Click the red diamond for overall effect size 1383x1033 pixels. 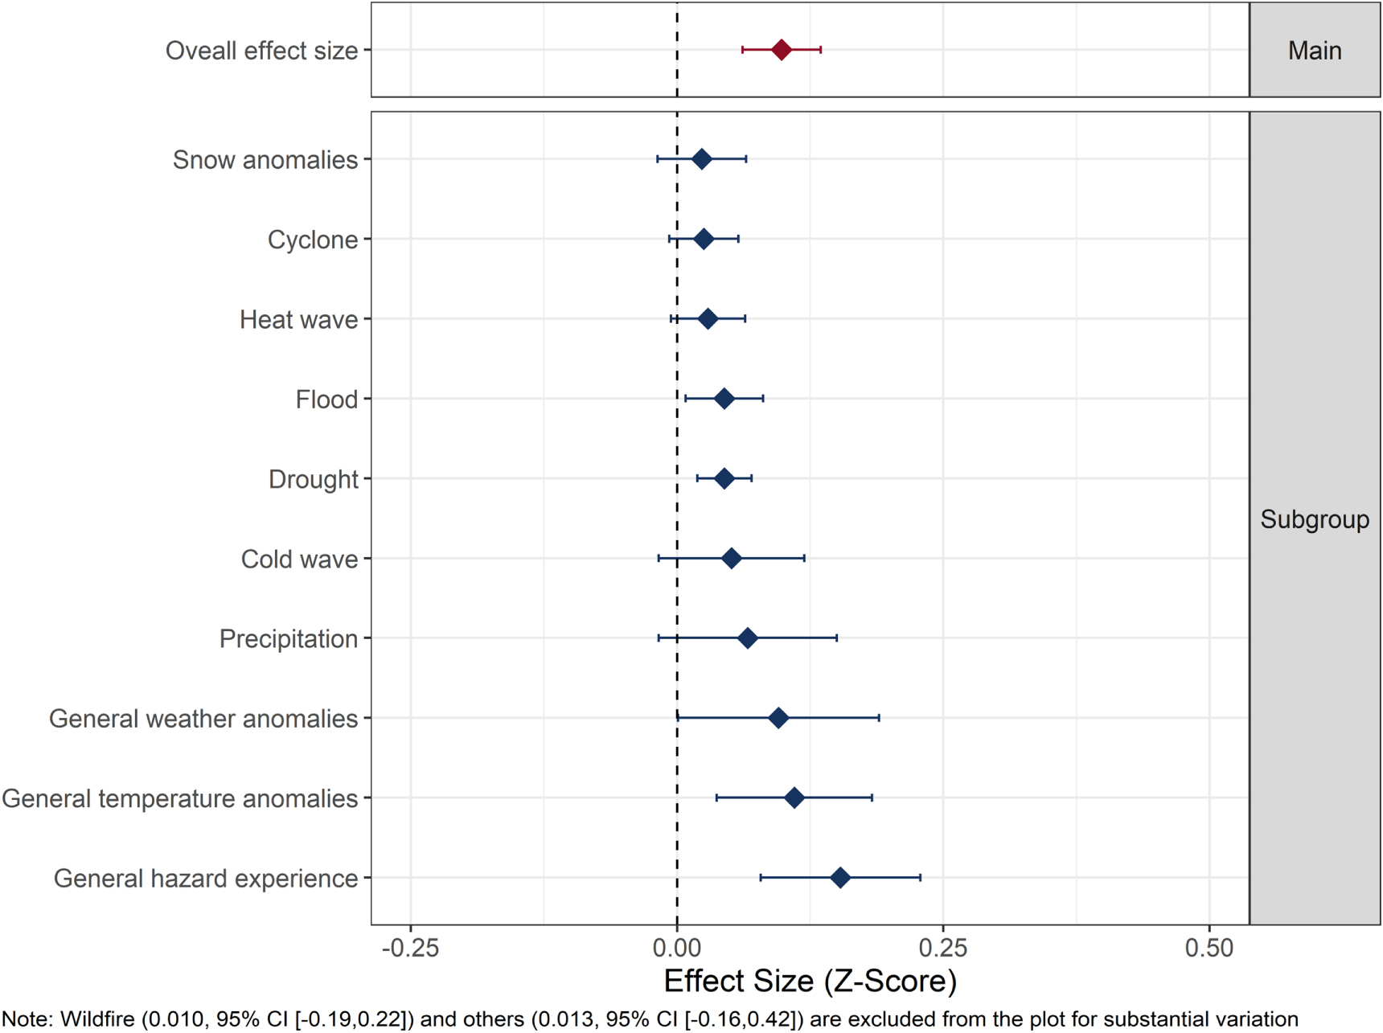781,50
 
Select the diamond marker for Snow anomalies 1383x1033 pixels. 701,159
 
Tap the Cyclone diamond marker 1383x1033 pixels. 704,239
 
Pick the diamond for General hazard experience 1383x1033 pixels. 840,877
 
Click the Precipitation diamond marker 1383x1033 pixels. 747,638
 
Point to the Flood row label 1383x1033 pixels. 326,400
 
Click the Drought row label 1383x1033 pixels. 313,479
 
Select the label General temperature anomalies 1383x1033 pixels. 179,798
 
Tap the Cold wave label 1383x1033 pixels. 299,559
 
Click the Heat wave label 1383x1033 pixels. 298,320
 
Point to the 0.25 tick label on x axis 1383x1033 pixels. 942,948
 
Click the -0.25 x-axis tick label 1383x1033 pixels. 410,948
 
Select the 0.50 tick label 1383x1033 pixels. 1209,948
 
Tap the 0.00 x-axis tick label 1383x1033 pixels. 676,948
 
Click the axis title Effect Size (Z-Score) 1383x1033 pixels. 810,981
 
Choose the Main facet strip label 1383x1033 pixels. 1314,51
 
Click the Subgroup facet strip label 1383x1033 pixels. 1314,519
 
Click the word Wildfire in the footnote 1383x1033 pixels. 96,1019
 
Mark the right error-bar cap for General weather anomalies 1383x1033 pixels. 879,718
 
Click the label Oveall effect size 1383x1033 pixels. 261,51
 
